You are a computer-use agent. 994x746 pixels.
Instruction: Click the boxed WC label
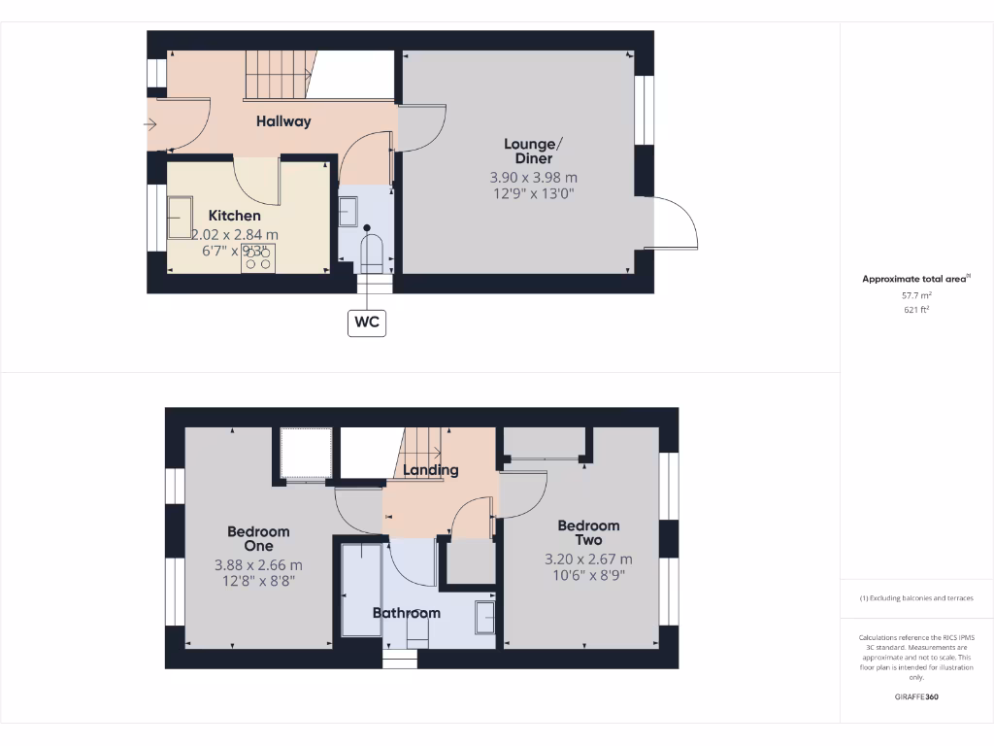(367, 322)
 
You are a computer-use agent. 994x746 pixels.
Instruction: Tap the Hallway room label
(283, 121)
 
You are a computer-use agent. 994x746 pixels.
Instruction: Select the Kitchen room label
(234, 215)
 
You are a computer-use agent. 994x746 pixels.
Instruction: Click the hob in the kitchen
(257, 257)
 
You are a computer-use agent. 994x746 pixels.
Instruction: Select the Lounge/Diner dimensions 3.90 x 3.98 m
(533, 178)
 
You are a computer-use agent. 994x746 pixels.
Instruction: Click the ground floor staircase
(276, 74)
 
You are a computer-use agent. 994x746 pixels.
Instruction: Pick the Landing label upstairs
(431, 470)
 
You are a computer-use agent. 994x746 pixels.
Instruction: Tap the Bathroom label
(407, 613)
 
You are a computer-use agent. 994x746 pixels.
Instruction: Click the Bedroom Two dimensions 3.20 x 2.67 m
(588, 559)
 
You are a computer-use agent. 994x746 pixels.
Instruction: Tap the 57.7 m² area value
(916, 294)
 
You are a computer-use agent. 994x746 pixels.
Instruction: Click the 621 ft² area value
(916, 310)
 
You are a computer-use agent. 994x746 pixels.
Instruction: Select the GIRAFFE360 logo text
(916, 696)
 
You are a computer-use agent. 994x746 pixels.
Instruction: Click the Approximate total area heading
(915, 279)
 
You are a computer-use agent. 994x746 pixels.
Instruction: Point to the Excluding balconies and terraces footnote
(916, 598)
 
